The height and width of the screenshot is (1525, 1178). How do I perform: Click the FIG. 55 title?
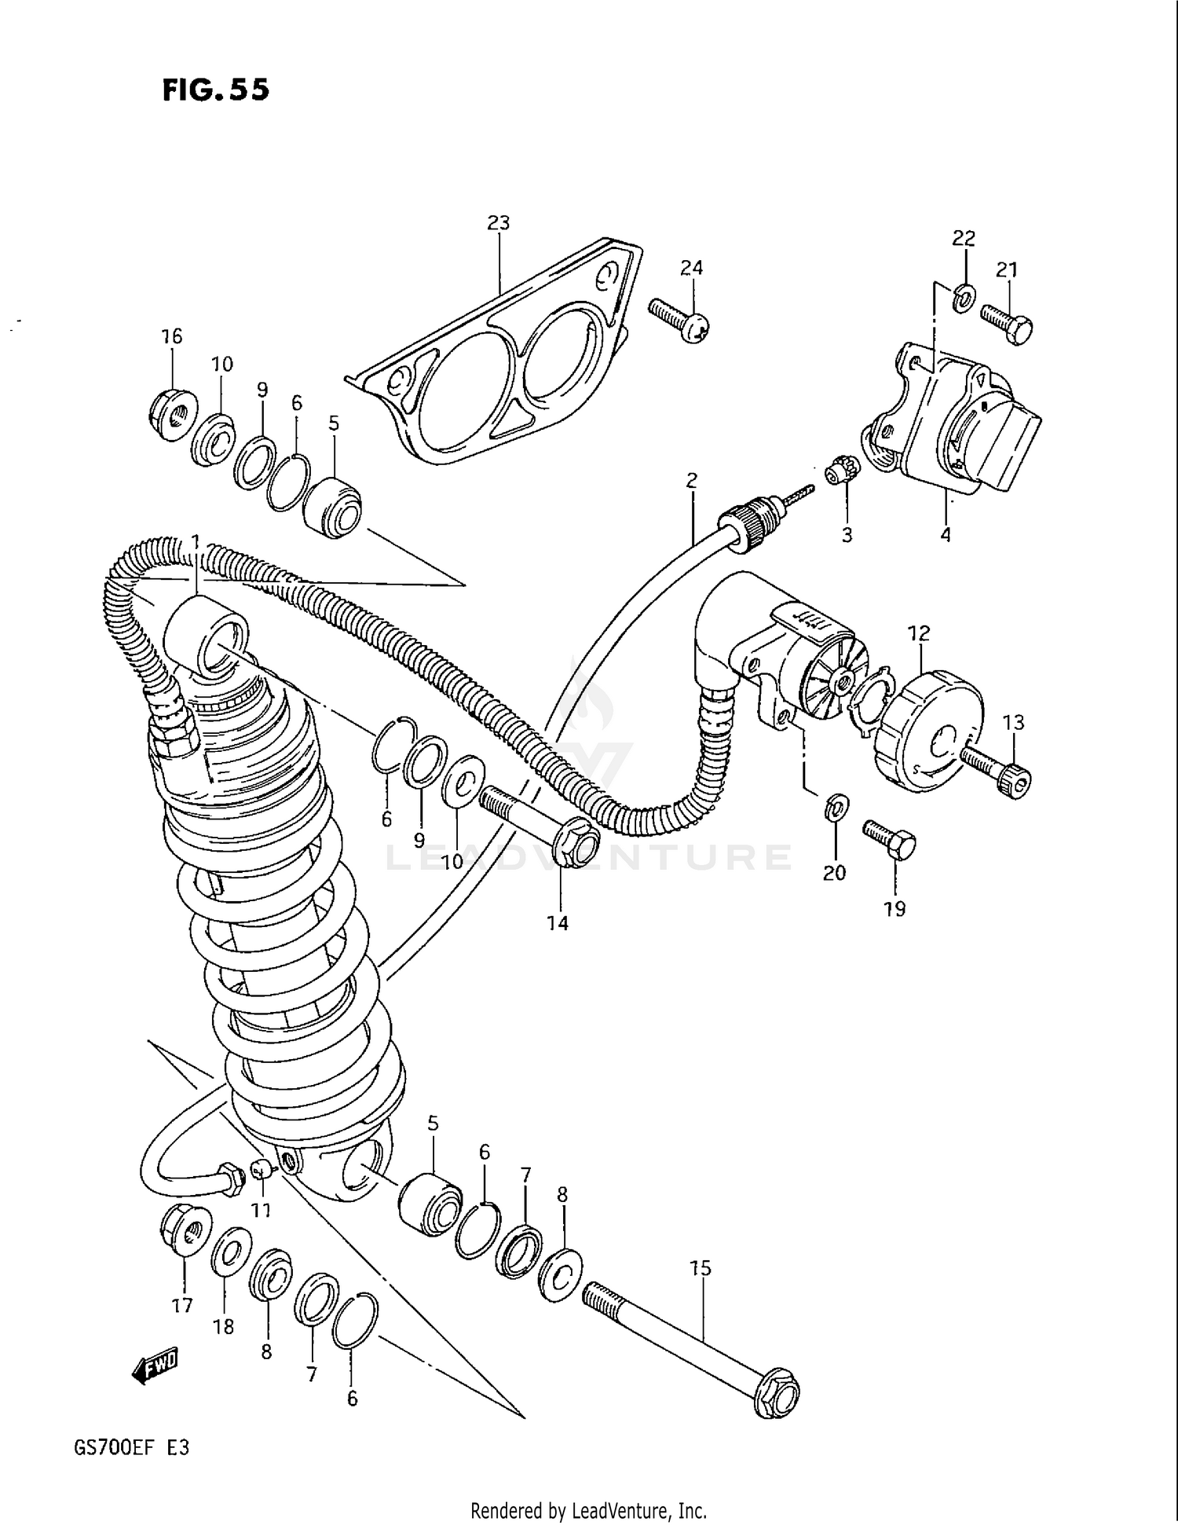[x=215, y=90]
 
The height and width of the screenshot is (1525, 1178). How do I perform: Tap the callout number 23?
[x=499, y=223]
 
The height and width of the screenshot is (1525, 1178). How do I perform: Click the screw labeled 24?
[x=679, y=321]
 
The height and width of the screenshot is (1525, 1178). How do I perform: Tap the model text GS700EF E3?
[x=131, y=1447]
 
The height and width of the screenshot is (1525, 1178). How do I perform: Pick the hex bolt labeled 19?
[x=890, y=840]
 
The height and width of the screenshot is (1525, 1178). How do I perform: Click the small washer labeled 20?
[x=837, y=808]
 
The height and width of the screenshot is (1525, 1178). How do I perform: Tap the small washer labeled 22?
[x=964, y=297]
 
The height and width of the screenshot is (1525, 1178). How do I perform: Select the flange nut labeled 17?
[x=185, y=1233]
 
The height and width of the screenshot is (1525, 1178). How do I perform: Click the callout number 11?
[x=261, y=1210]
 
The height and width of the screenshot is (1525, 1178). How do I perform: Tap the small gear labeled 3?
[x=843, y=472]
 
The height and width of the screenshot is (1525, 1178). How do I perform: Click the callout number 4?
[x=946, y=535]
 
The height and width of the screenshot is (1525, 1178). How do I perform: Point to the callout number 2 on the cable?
[x=691, y=479]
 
